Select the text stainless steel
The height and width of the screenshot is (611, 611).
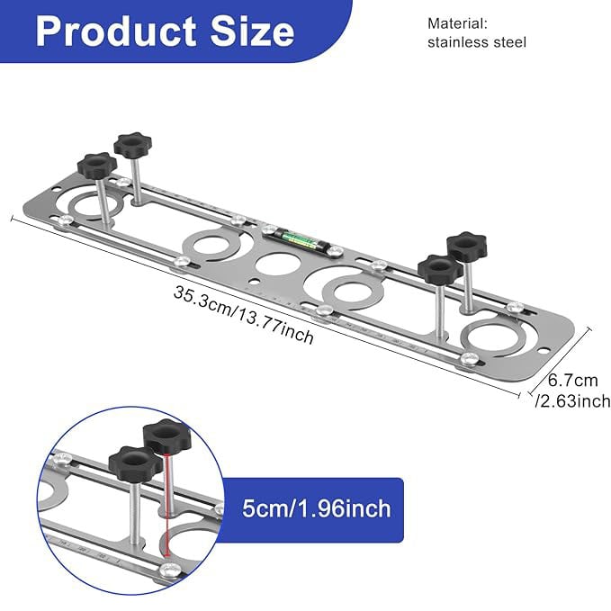477,42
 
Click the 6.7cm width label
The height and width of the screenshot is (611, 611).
573,382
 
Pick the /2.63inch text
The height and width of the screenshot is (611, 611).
573,401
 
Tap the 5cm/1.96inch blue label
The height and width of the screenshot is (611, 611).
316,509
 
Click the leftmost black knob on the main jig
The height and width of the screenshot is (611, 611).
95,166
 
